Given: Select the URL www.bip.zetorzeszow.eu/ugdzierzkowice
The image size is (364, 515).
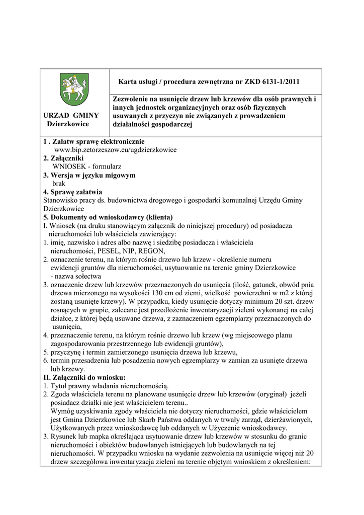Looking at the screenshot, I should (115, 150).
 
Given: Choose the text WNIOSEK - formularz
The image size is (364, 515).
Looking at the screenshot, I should (86, 166).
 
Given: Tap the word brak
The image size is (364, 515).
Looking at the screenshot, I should (59, 184).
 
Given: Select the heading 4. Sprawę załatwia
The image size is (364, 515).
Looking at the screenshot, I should (72, 192).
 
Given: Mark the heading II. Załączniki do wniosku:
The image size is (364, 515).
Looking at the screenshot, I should (84, 377).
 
